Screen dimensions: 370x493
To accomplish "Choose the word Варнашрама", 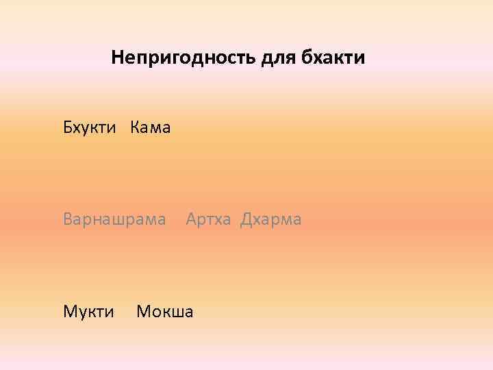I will click(114, 220).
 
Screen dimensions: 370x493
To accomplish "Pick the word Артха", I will click(208, 220).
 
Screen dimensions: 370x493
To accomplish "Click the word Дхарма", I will click(270, 220).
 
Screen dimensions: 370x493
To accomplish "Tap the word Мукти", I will click(88, 312).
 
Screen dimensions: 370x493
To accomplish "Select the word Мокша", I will click(165, 312).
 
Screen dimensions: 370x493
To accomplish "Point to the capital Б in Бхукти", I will click(67, 127).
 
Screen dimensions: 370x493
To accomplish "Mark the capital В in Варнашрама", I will click(68, 220).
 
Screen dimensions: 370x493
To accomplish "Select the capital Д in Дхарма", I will click(245, 220).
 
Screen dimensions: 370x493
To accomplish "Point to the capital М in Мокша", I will click(143, 312).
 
